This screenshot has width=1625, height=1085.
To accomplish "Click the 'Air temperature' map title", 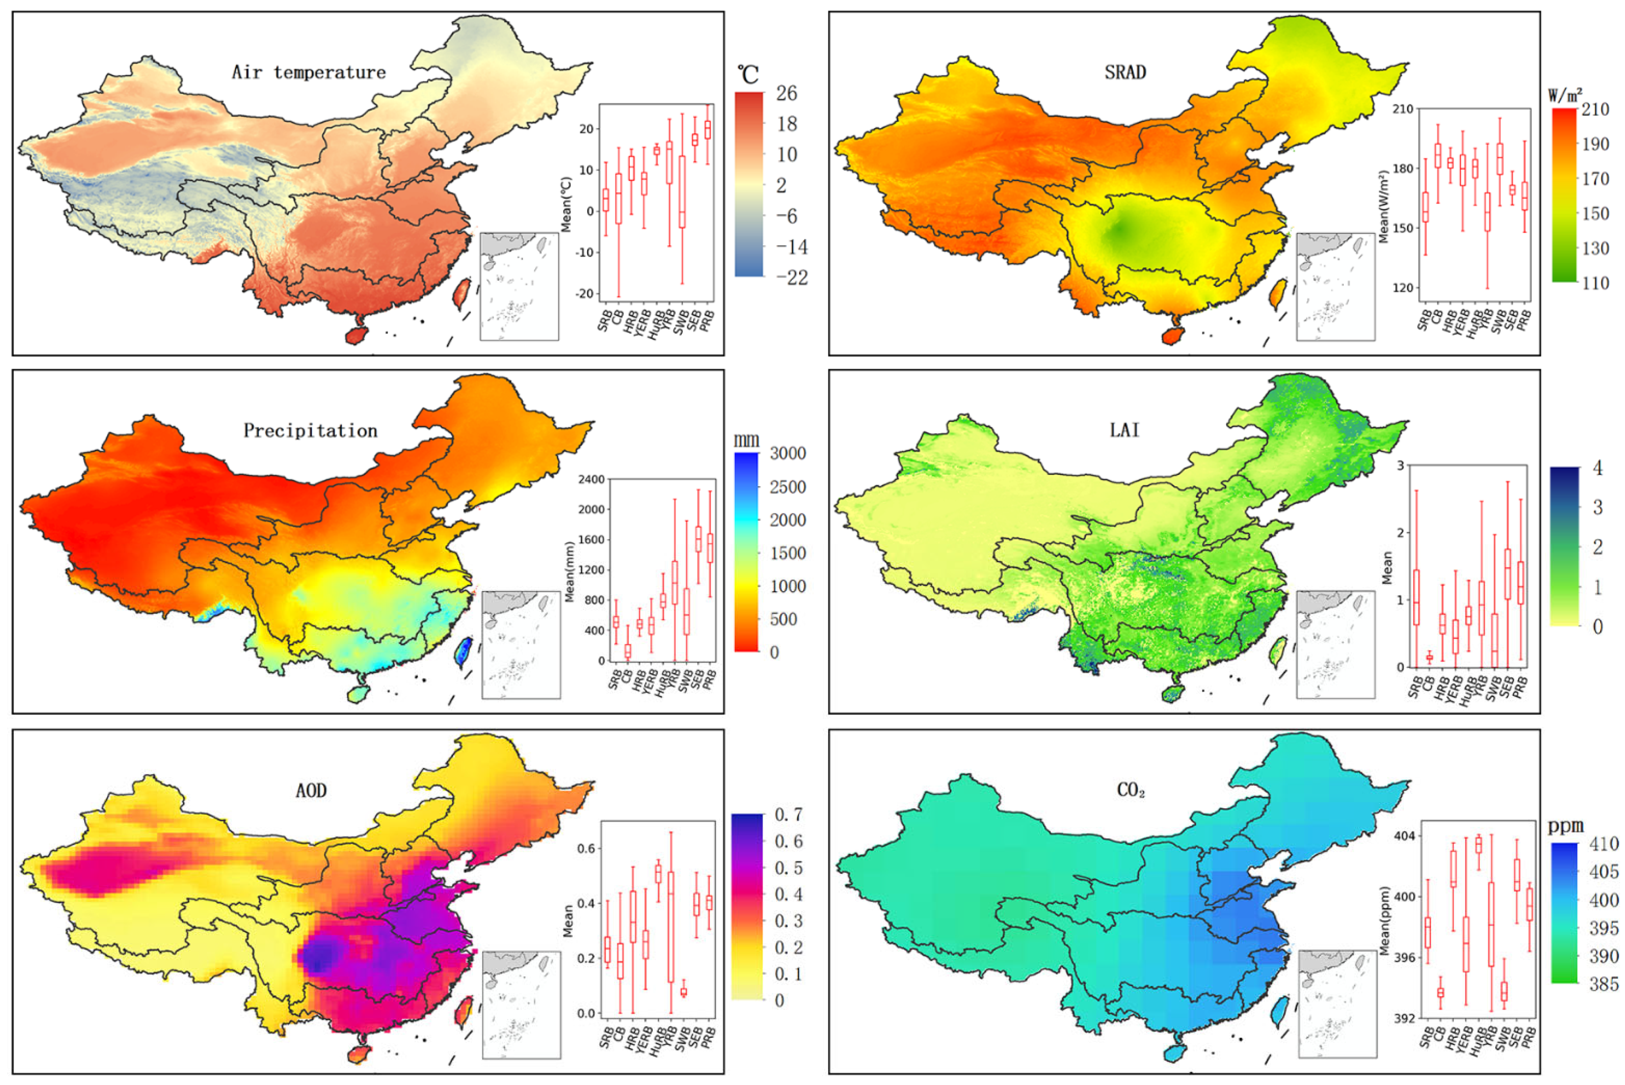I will click(309, 72).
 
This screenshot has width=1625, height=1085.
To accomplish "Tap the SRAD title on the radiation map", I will click(1125, 72).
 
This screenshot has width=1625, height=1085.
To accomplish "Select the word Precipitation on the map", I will click(310, 431).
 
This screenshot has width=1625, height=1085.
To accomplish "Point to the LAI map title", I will click(1125, 431).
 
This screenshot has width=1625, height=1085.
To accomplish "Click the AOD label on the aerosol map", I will click(311, 790).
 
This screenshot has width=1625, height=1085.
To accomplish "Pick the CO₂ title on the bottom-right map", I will click(1130, 790).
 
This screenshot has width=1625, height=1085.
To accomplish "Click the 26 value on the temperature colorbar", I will click(786, 93).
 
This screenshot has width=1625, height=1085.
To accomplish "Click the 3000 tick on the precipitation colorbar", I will click(788, 454).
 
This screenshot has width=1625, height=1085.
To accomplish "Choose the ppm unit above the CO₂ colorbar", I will click(1566, 825).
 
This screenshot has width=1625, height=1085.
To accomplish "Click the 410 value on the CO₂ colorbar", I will click(1604, 844).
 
